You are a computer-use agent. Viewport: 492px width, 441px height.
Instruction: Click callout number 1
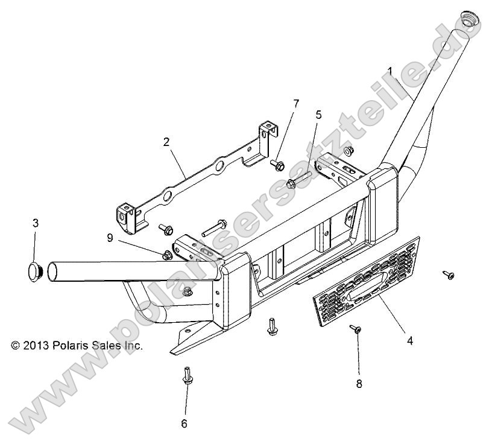click(390, 71)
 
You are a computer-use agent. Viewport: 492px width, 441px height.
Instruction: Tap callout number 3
click(36, 223)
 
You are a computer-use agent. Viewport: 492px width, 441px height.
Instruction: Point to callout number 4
click(409, 340)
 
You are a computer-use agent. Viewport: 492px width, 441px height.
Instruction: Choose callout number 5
click(318, 114)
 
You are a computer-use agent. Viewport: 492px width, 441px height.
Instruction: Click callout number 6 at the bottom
click(184, 424)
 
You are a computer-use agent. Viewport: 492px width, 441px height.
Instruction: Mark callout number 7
click(295, 103)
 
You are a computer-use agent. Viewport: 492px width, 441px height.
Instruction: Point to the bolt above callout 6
click(186, 376)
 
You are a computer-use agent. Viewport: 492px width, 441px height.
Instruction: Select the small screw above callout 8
click(356, 329)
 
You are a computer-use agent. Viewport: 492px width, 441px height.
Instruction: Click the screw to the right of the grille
click(449, 258)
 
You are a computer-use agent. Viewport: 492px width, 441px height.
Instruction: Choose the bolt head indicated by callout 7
click(279, 163)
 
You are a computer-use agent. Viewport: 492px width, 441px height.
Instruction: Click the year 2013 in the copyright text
click(37, 346)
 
